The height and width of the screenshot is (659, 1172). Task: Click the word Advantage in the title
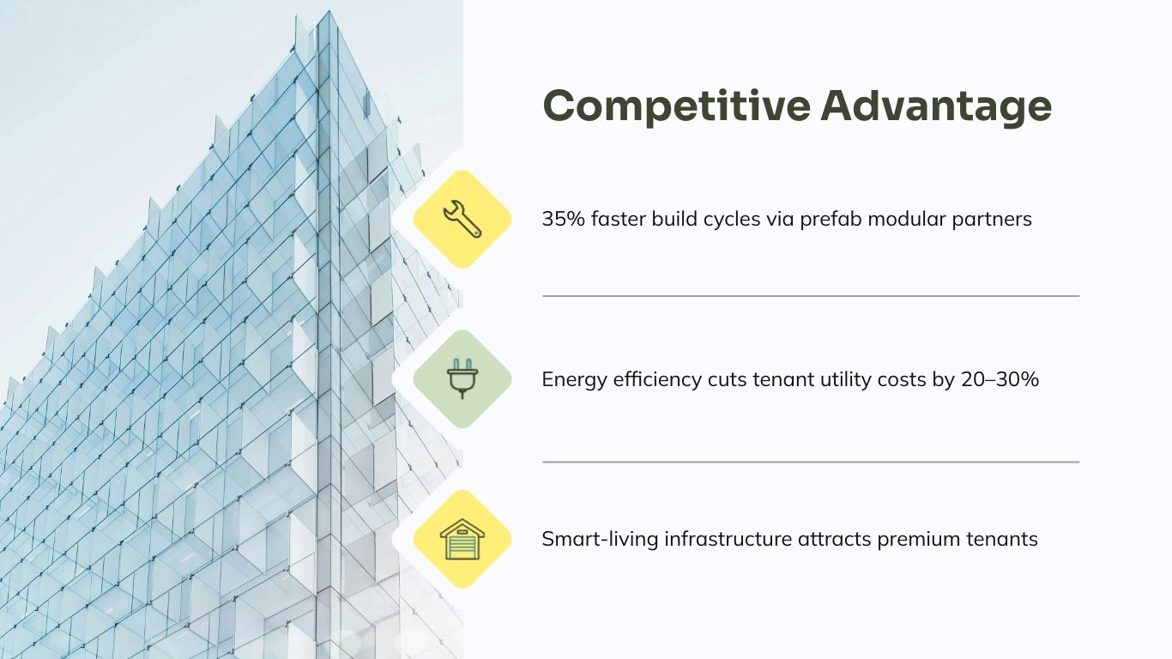[935, 106]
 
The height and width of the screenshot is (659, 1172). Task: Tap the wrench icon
[462, 219]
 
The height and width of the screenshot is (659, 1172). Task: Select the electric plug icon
[462, 379]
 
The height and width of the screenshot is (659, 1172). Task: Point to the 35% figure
[563, 219]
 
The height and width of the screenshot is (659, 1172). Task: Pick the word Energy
[570, 379]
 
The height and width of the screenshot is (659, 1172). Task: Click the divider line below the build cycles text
[810, 296]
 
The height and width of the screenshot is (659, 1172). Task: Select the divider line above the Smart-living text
[810, 462]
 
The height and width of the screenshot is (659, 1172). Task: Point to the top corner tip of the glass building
[327, 12]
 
